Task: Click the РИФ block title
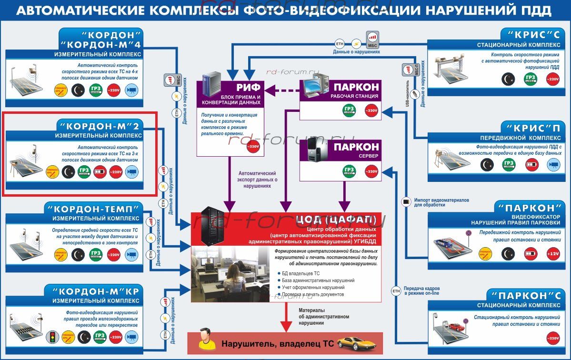[x=248, y=88]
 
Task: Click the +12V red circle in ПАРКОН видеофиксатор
[x=553, y=253]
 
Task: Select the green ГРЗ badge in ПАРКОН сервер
[x=349, y=170]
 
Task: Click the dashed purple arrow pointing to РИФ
[x=283, y=89]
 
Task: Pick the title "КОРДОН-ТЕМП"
[x=93, y=209]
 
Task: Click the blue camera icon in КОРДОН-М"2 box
[x=132, y=172]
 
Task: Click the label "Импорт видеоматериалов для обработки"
[x=441, y=202]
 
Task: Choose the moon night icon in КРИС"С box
[x=508, y=79]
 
